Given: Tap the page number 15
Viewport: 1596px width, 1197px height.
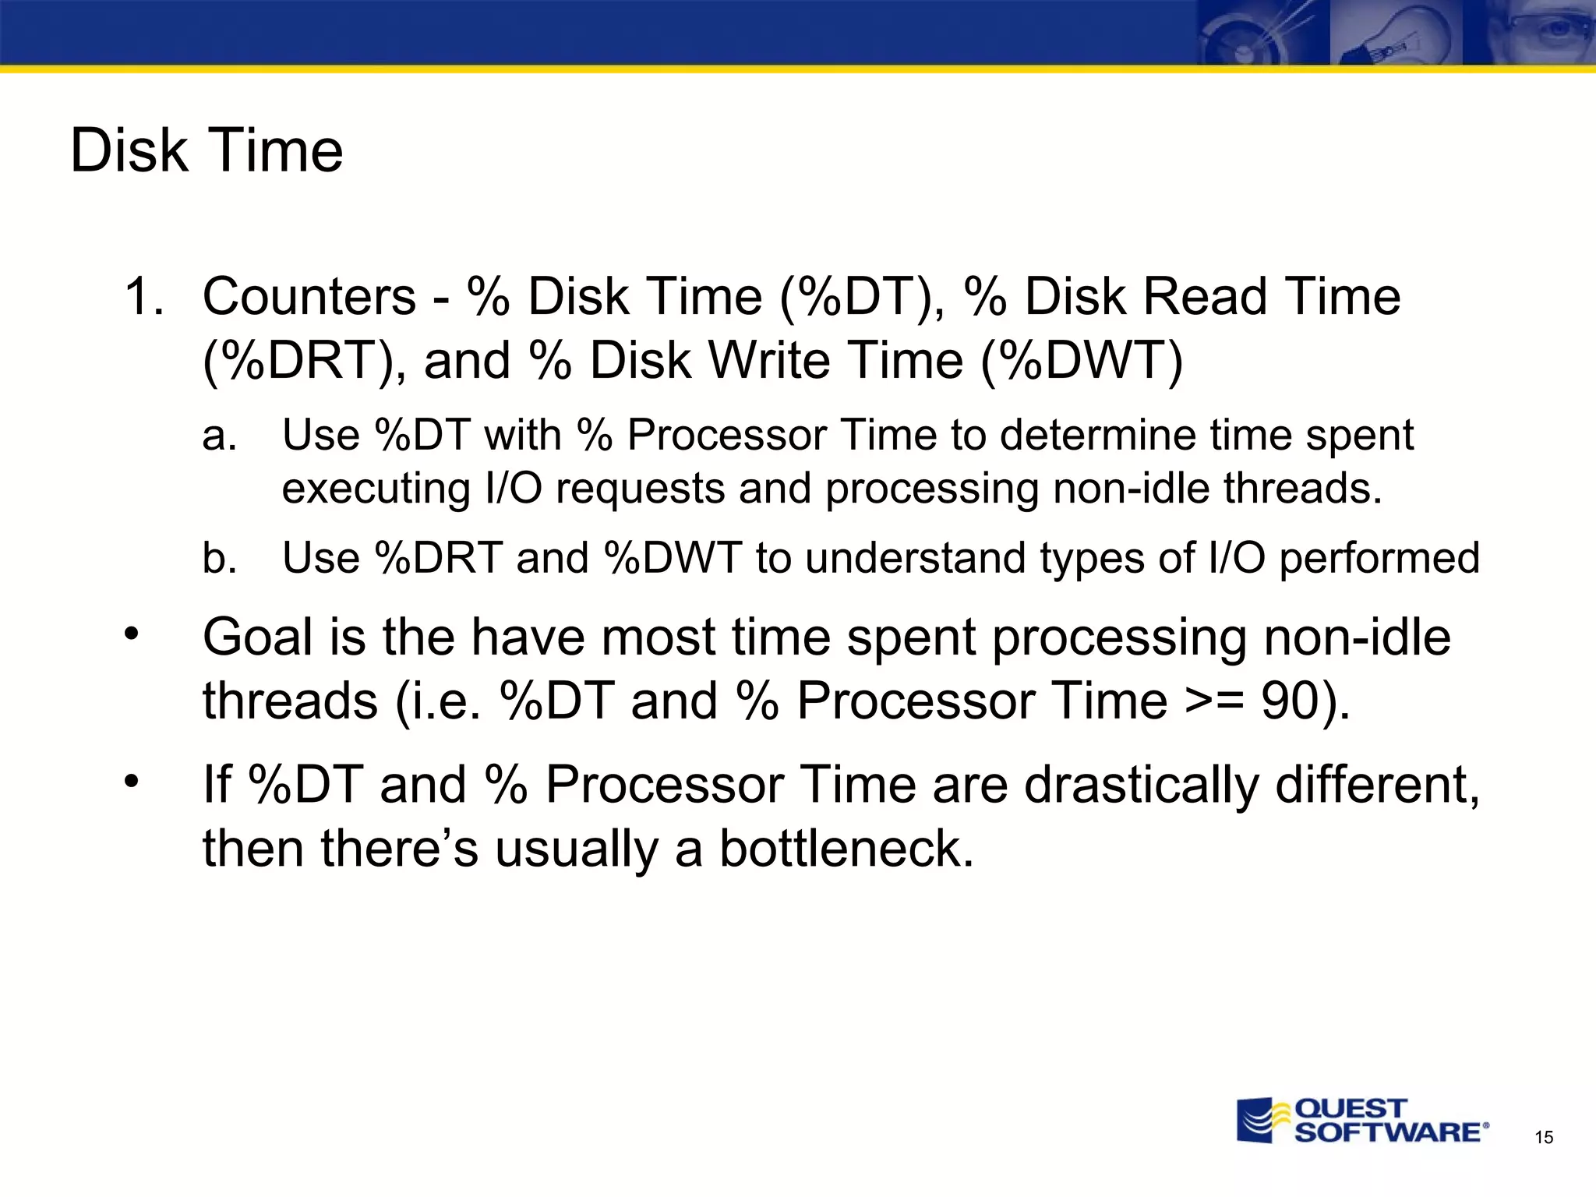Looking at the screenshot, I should (x=1543, y=1138).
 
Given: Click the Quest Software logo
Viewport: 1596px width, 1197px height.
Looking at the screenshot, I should (x=1362, y=1121).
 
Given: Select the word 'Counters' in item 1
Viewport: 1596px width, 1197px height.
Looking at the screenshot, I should (x=309, y=297).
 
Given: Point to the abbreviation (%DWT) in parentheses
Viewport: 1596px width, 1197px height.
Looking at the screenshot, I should (x=1082, y=362).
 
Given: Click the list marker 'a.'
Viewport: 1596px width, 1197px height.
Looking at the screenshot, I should (x=219, y=435).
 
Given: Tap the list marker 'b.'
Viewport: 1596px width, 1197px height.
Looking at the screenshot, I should (x=219, y=558).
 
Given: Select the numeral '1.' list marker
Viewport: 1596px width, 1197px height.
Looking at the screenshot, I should (x=145, y=297).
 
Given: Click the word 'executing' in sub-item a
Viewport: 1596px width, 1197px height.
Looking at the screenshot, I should (x=376, y=489).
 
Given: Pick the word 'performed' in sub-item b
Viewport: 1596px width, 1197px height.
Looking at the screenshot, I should (x=1379, y=558).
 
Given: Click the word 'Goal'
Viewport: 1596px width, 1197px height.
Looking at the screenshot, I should (x=258, y=637).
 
